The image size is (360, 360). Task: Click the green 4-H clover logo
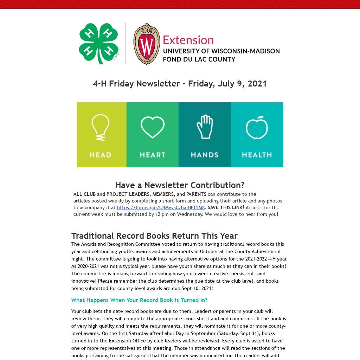coord(98,43)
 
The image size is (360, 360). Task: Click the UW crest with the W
coord(147,44)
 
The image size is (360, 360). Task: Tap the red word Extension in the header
coord(188,40)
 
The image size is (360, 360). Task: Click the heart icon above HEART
coord(153,127)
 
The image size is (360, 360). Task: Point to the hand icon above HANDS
coord(205,127)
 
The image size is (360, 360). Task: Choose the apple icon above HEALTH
coord(257,127)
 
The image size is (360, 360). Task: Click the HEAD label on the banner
coord(101,155)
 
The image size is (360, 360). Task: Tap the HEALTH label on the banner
coord(257,155)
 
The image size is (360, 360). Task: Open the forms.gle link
coord(161,207)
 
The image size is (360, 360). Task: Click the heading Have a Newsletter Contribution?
coord(180,185)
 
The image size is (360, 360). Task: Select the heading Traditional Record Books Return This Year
coord(154,236)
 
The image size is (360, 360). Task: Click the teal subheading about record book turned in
coord(139,300)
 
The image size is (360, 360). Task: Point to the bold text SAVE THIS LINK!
coord(226,207)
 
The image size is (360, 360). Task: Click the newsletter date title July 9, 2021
coord(180,84)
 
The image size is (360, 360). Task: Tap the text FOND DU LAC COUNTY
coord(199,59)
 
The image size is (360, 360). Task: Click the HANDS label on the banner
coord(205,155)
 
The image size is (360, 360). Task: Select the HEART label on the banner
coord(153,155)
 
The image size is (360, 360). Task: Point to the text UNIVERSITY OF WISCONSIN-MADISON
coord(221,51)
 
